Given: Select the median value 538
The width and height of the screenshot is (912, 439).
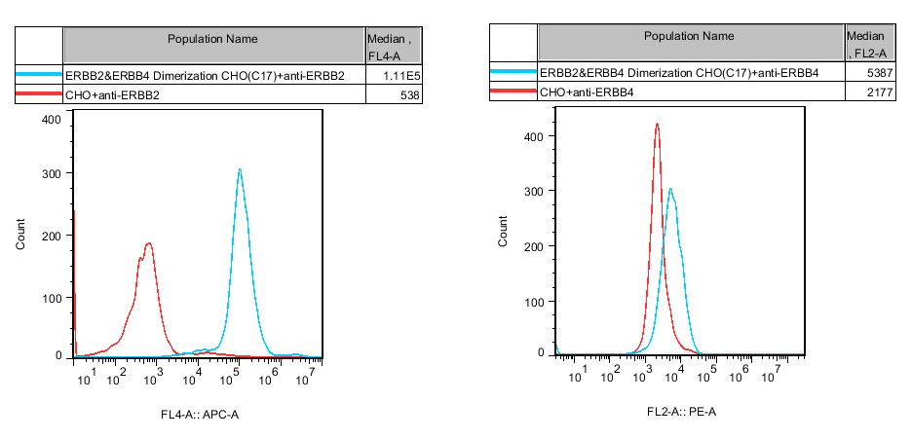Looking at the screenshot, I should pyautogui.click(x=408, y=94).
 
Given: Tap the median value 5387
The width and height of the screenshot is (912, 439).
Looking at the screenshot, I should pyautogui.click(x=875, y=72).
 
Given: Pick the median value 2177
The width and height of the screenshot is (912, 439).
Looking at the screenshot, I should pyautogui.click(x=875, y=91).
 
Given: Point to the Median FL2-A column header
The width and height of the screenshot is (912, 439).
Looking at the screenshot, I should pyautogui.click(x=866, y=43).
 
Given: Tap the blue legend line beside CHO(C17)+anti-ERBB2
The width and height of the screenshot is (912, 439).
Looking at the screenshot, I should pyautogui.click(x=39, y=75).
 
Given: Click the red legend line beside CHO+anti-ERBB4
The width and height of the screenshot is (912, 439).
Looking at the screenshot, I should pyautogui.click(x=513, y=91).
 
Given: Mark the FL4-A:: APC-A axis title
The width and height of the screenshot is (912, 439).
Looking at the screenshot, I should pyautogui.click(x=200, y=416).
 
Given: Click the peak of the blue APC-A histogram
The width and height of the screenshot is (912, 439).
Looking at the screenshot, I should pyautogui.click(x=239, y=169).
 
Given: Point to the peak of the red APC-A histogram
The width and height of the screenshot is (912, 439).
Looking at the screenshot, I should pyautogui.click(x=149, y=243).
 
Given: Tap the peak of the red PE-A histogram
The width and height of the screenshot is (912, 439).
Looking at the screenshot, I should pyautogui.click(x=657, y=124).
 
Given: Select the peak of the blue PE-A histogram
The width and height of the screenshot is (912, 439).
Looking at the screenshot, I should pyautogui.click(x=670, y=189).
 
